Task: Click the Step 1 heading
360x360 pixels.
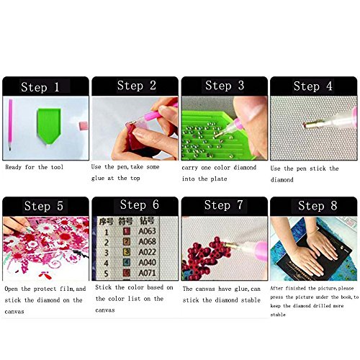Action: [40, 87]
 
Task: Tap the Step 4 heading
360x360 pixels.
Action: [312, 86]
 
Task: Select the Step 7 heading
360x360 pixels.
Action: [223, 205]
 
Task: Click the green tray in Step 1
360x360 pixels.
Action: [49, 126]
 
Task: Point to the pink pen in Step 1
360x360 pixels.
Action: [10, 125]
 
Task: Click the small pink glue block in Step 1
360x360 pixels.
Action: [84, 126]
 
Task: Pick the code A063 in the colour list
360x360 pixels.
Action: [147, 231]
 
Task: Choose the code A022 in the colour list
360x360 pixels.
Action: [147, 252]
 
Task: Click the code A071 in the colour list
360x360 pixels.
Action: [147, 273]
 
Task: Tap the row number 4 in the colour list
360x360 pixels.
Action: [106, 264]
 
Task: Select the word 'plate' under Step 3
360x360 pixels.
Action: [219, 179]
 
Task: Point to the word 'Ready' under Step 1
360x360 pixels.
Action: [13, 167]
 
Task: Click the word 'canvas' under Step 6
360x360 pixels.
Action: [105, 310]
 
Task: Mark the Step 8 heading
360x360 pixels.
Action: [318, 206]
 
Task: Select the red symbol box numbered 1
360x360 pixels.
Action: [127, 231]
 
